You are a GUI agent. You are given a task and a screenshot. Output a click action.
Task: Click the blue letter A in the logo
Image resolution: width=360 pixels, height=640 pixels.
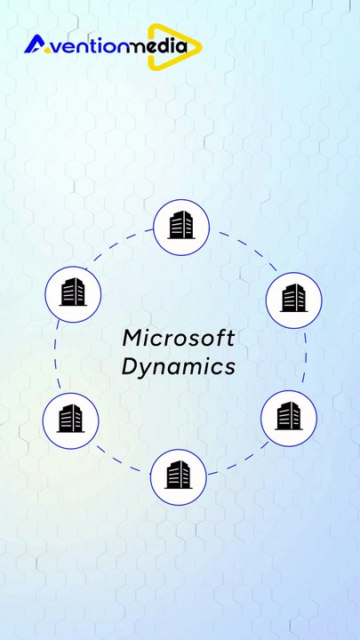[36, 44]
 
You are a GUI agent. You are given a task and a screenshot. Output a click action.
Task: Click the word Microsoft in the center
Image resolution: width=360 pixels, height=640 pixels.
[179, 338]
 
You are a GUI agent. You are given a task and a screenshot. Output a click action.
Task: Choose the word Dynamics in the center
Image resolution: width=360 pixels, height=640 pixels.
[179, 365]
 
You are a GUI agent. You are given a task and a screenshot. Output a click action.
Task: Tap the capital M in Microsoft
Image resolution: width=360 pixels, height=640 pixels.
[132, 338]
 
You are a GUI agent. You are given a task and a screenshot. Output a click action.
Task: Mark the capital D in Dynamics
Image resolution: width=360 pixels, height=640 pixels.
[131, 365]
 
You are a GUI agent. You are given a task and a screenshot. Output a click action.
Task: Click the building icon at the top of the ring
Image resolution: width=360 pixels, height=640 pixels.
[181, 225]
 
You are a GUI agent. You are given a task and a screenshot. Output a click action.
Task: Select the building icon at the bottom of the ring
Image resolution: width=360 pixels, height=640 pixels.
[179, 475]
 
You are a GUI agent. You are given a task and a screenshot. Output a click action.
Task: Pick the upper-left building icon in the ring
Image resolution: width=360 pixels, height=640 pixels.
[73, 292]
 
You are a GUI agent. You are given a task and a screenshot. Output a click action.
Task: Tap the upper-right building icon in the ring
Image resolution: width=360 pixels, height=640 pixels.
[294, 298]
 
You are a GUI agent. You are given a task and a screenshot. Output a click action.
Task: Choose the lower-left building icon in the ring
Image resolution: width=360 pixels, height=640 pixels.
[70, 419]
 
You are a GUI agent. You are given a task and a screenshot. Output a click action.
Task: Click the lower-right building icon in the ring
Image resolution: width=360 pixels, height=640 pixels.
[289, 416]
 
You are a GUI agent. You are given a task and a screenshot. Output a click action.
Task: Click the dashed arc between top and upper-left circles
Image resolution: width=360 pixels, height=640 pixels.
[116, 244]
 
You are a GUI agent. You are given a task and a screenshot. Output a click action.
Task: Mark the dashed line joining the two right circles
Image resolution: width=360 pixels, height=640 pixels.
[305, 357]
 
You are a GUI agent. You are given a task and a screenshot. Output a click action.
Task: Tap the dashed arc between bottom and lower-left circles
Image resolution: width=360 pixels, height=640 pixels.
[117, 460]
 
